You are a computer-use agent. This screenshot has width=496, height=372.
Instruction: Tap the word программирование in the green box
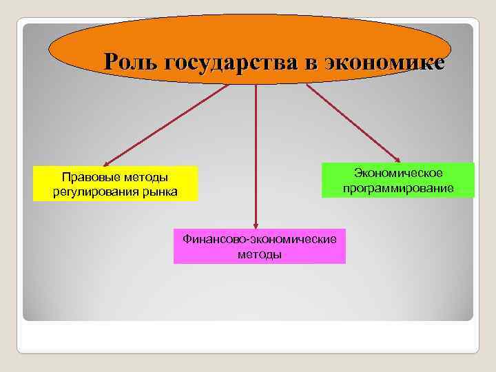398,188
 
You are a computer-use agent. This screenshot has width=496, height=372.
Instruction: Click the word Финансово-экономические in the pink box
259,240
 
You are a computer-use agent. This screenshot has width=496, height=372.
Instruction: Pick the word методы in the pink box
259,254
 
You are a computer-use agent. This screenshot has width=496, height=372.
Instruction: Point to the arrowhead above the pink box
256,223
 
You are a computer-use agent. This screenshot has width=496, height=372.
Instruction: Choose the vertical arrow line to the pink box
256,152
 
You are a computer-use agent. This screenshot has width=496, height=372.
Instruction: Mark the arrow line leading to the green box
351,122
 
